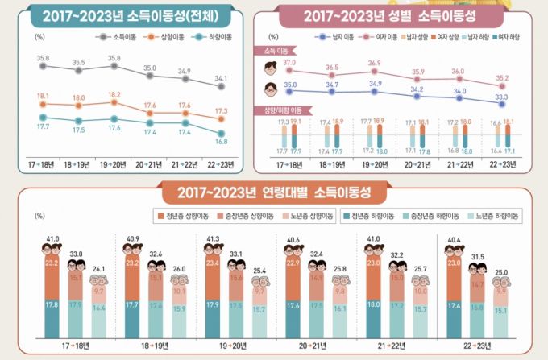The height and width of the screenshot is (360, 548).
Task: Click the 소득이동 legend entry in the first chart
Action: (115, 38)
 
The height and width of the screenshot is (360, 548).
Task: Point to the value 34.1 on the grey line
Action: (221, 78)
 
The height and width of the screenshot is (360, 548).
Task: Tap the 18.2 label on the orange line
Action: (116, 94)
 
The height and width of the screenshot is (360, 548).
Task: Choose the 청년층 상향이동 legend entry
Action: (185, 215)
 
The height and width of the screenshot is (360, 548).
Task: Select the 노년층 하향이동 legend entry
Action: (495, 215)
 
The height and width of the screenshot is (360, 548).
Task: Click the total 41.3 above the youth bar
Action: (213, 239)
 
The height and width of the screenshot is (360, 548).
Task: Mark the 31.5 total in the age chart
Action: (477, 257)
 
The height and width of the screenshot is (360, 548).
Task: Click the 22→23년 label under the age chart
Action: (476, 346)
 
